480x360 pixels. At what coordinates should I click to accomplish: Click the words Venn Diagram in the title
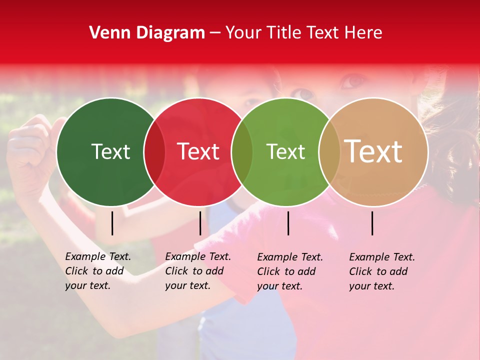pyautogui.click(x=147, y=33)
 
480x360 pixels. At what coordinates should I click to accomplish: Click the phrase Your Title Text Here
pyautogui.click(x=304, y=33)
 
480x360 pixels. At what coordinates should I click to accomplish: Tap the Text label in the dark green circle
pyautogui.click(x=110, y=151)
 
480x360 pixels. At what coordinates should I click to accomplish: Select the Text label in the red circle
pyautogui.click(x=198, y=151)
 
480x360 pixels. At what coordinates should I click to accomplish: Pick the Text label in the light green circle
pyautogui.click(x=285, y=151)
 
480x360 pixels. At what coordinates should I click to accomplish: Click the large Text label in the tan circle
pyautogui.click(x=373, y=151)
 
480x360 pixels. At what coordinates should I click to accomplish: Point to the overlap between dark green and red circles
pyautogui.click(x=154, y=152)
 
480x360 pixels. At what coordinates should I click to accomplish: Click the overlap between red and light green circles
pyautogui.click(x=242, y=152)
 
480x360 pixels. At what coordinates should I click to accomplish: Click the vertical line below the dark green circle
pyautogui.click(x=112, y=223)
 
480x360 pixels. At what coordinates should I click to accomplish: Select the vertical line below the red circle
pyautogui.click(x=200, y=223)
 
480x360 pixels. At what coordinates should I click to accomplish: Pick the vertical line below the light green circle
pyautogui.click(x=288, y=223)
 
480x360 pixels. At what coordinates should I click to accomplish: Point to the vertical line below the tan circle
pyautogui.click(x=372, y=223)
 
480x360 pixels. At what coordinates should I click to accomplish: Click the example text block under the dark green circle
pyautogui.click(x=98, y=271)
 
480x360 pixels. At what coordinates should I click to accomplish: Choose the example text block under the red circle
pyautogui.click(x=198, y=271)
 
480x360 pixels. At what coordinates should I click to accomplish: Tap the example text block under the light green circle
pyautogui.click(x=290, y=271)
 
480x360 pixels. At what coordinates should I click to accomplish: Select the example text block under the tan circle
pyautogui.click(x=382, y=271)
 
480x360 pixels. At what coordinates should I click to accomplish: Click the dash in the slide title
pyautogui.click(x=215, y=33)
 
